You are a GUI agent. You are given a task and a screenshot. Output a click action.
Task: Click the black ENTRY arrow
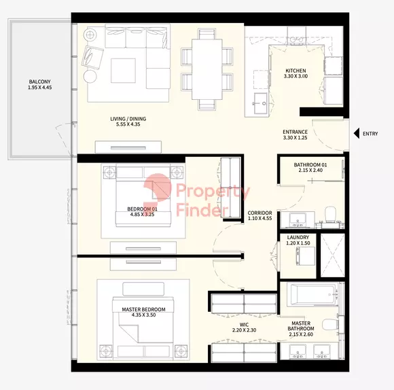(357, 133)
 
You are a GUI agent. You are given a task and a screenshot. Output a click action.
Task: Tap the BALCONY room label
(39, 82)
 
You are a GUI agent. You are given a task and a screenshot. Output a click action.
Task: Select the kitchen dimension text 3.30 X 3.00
(295, 76)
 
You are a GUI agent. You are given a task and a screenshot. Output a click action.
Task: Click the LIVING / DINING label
(128, 119)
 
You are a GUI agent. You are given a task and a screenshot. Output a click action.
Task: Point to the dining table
(207, 69)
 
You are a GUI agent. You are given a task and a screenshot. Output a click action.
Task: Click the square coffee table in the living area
(123, 71)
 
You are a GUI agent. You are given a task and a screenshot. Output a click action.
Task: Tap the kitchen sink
(260, 103)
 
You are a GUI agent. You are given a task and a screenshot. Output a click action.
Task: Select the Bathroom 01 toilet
(330, 214)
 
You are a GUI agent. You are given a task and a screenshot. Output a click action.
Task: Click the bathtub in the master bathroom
(312, 294)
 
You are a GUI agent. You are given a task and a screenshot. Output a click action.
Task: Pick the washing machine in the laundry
(306, 256)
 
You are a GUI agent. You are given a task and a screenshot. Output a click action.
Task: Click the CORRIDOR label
(259, 213)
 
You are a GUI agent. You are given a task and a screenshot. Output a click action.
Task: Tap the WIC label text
(244, 325)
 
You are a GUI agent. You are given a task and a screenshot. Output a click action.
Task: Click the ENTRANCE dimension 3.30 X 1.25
(295, 137)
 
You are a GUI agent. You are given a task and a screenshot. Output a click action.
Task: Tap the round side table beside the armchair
(90, 76)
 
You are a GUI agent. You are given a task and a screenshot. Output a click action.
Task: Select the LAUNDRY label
(298, 237)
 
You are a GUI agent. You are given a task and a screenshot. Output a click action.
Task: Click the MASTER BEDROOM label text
(143, 309)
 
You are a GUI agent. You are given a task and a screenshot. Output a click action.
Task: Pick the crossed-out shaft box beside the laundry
(333, 255)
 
